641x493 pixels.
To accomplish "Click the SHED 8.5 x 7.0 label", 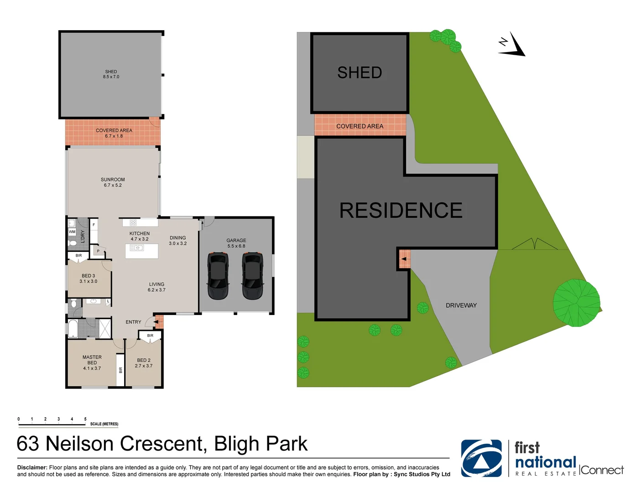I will point(111,74).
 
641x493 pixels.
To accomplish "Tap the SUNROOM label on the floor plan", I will point(113,182).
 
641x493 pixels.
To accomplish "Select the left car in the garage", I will point(218,275).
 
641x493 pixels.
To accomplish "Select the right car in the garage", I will point(252,275).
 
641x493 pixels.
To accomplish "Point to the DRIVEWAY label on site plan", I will point(461,305).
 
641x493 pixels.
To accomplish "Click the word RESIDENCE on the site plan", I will point(401,210).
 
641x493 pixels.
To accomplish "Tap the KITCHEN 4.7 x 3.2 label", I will point(140,236).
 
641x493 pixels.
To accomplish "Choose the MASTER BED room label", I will point(92,362).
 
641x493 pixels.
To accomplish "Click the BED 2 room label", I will point(144,363).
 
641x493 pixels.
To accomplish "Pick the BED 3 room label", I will point(89,278).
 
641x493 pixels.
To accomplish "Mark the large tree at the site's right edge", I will point(576,303).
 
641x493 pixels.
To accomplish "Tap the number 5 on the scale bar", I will point(85,419).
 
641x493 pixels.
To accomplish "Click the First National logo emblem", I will point(481,458).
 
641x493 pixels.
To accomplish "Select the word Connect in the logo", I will point(602,470).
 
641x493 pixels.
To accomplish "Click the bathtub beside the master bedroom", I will point(73,328).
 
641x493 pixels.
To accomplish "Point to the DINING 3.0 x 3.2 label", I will point(178,241).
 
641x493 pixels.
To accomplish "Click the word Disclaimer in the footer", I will point(32,467).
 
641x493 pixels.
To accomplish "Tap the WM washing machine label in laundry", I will point(72,232).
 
